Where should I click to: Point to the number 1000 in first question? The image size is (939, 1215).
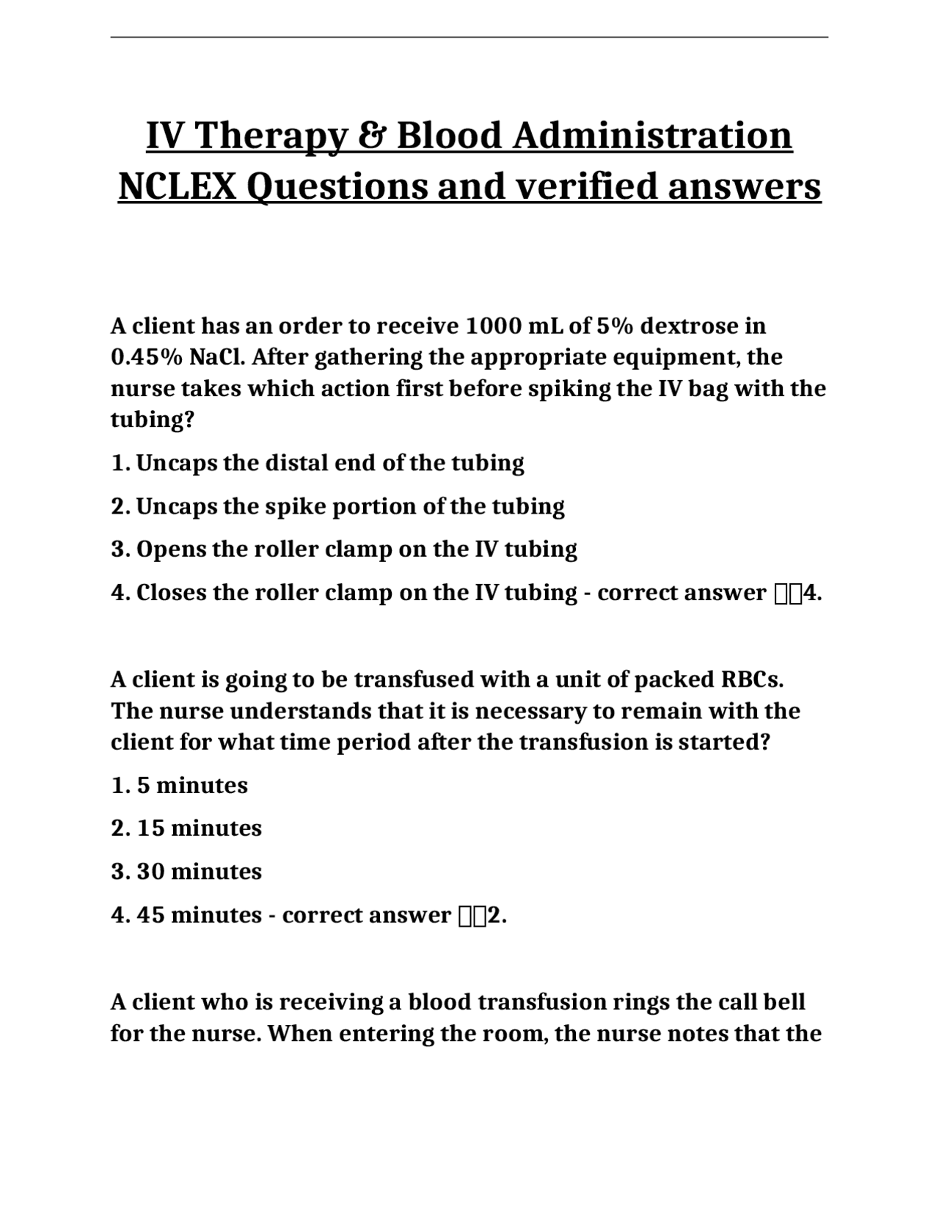490,326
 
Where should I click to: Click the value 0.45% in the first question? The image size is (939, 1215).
147,357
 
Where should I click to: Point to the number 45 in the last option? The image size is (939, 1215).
150,916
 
